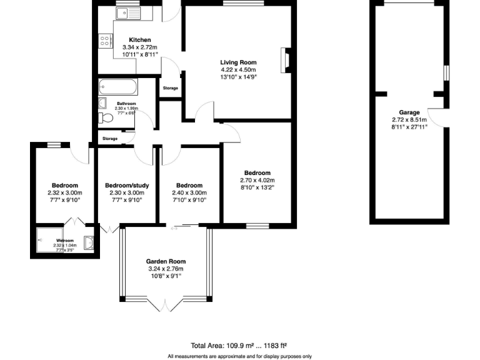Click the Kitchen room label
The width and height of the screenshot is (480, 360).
[x=136, y=40]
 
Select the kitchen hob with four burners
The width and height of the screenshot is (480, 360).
[x=104, y=41]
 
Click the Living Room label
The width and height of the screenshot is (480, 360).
[x=238, y=62]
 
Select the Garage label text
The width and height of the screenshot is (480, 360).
[x=409, y=112]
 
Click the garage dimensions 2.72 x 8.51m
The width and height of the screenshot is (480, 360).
[x=409, y=120]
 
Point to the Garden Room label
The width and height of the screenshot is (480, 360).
[x=166, y=261]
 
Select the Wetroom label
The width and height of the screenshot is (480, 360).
[x=65, y=241]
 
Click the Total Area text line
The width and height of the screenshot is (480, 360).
[x=239, y=345]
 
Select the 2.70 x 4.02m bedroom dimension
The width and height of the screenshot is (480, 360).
[x=257, y=181]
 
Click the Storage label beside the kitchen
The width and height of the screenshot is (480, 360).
[x=170, y=88]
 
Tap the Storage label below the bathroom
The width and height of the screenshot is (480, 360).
[x=110, y=138]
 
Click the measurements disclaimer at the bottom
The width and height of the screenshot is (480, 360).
[x=239, y=356]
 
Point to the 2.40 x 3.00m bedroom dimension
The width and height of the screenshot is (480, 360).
[x=189, y=193]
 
